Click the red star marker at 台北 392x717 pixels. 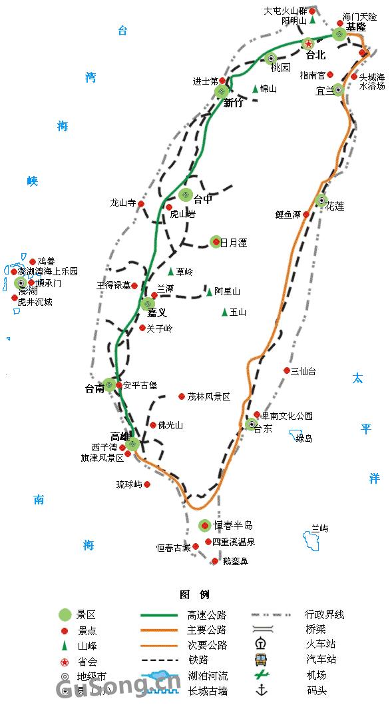(x=308, y=44)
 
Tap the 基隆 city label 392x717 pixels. (x=356, y=27)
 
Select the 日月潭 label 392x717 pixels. (x=234, y=243)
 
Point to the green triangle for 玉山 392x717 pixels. (x=224, y=312)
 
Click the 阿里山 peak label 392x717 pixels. (x=227, y=292)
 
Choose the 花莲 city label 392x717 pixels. (x=335, y=207)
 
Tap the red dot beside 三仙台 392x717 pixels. (x=287, y=370)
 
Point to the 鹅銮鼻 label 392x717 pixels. (x=235, y=562)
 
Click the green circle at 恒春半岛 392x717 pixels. (x=204, y=526)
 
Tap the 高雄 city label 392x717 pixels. (x=120, y=436)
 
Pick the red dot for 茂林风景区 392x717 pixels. (x=181, y=396)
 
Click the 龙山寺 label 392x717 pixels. (x=122, y=203)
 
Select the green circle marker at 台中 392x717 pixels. (x=186, y=195)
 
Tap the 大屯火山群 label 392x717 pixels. (x=286, y=11)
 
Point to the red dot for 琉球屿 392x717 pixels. (x=147, y=484)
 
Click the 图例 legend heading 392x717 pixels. (x=194, y=594)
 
